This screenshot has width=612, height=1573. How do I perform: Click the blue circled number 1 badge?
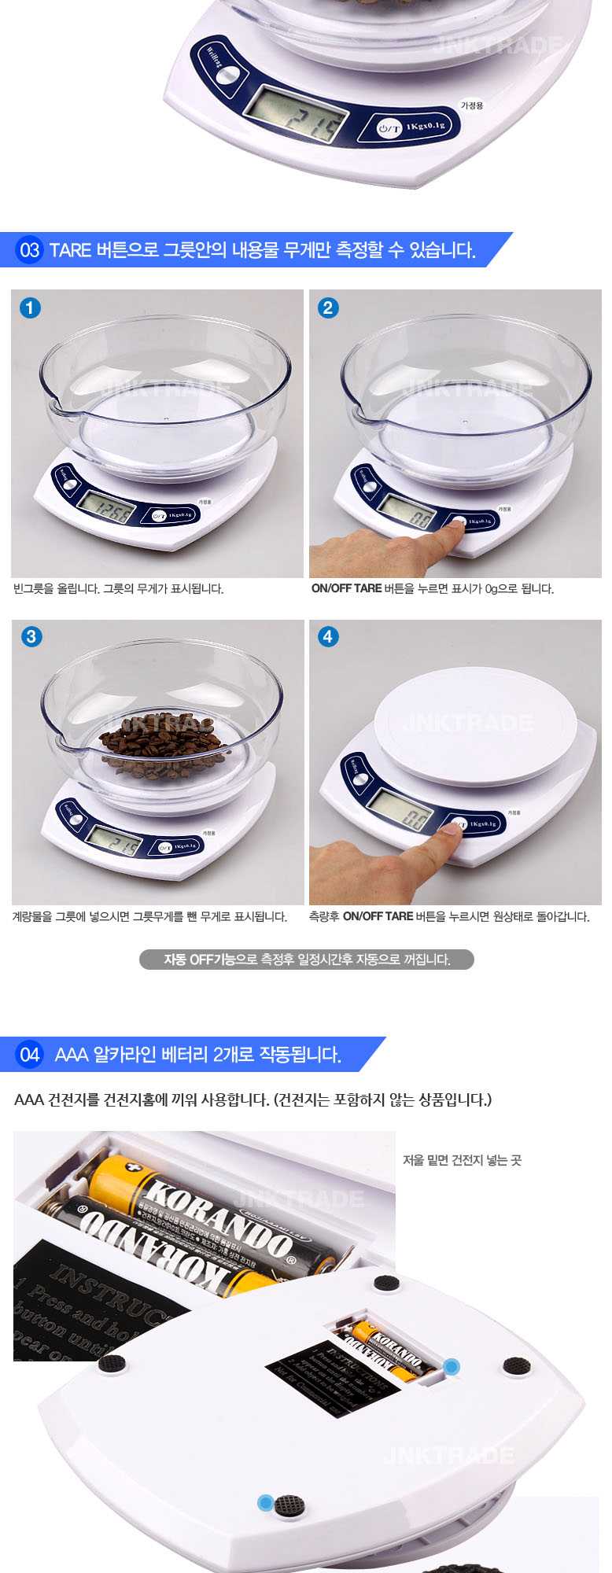[30, 308]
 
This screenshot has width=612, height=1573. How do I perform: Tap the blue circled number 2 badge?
[328, 308]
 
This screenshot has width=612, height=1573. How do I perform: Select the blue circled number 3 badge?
[31, 636]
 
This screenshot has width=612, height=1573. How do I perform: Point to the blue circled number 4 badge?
[328, 636]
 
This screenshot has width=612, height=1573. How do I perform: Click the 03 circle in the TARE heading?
[29, 250]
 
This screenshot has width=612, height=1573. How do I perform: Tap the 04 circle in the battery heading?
[29, 1055]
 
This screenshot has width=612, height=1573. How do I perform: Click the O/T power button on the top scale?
[389, 127]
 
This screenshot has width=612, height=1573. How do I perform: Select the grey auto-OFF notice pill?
[306, 960]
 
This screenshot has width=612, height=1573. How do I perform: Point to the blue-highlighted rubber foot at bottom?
[266, 1503]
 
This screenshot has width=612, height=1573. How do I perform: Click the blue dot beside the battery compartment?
[452, 1366]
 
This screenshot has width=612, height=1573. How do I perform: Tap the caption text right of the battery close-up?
[462, 1160]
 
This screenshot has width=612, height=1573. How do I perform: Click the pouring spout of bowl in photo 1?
[53, 409]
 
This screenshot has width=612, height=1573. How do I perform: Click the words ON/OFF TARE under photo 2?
[346, 588]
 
